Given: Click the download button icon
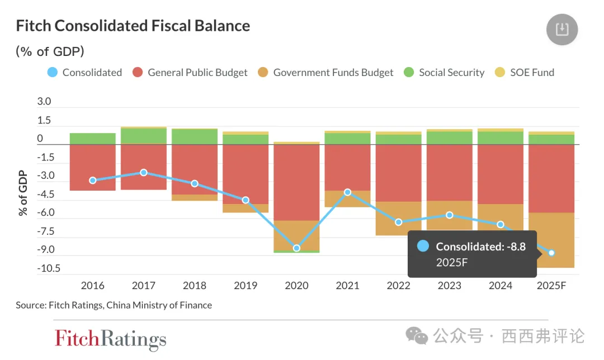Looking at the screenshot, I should [561, 30].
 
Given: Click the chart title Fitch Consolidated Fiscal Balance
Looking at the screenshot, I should [133, 26].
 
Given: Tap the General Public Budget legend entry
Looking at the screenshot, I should [190, 72].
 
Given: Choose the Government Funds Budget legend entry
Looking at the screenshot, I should [326, 72].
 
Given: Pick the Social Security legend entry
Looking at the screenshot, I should [444, 72].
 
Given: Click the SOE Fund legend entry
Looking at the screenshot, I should [525, 72].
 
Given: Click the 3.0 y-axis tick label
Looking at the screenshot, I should [44, 102].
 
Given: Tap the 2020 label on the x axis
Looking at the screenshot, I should [296, 286].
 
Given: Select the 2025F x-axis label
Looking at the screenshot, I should [551, 286].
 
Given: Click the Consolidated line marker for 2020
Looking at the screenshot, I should [296, 248].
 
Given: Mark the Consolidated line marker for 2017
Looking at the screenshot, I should [144, 172].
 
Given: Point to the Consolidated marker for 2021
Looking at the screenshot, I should [347, 192].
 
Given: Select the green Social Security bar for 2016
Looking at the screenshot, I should [93, 139].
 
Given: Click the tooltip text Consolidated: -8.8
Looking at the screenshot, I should [480, 247].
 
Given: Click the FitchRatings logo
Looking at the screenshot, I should [110, 339].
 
